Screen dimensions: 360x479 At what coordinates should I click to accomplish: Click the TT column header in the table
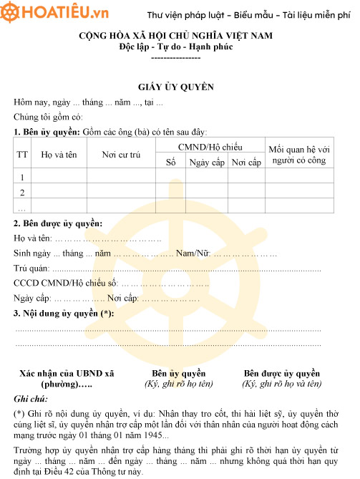pos(22,154)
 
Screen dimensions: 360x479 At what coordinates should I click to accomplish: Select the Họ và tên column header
pos(58,154)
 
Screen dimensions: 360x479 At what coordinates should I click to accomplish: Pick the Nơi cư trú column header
pos(121,154)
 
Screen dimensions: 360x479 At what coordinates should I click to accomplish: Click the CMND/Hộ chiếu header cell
pos(210,146)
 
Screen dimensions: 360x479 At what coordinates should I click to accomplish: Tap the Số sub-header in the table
pos(170,163)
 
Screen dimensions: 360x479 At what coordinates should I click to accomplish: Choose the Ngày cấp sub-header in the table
pos(207,163)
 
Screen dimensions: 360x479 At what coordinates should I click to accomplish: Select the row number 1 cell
pos(22,178)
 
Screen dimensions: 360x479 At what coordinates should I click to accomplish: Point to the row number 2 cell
pos(22,192)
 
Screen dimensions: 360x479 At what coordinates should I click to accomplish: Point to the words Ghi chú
pos(31,398)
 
